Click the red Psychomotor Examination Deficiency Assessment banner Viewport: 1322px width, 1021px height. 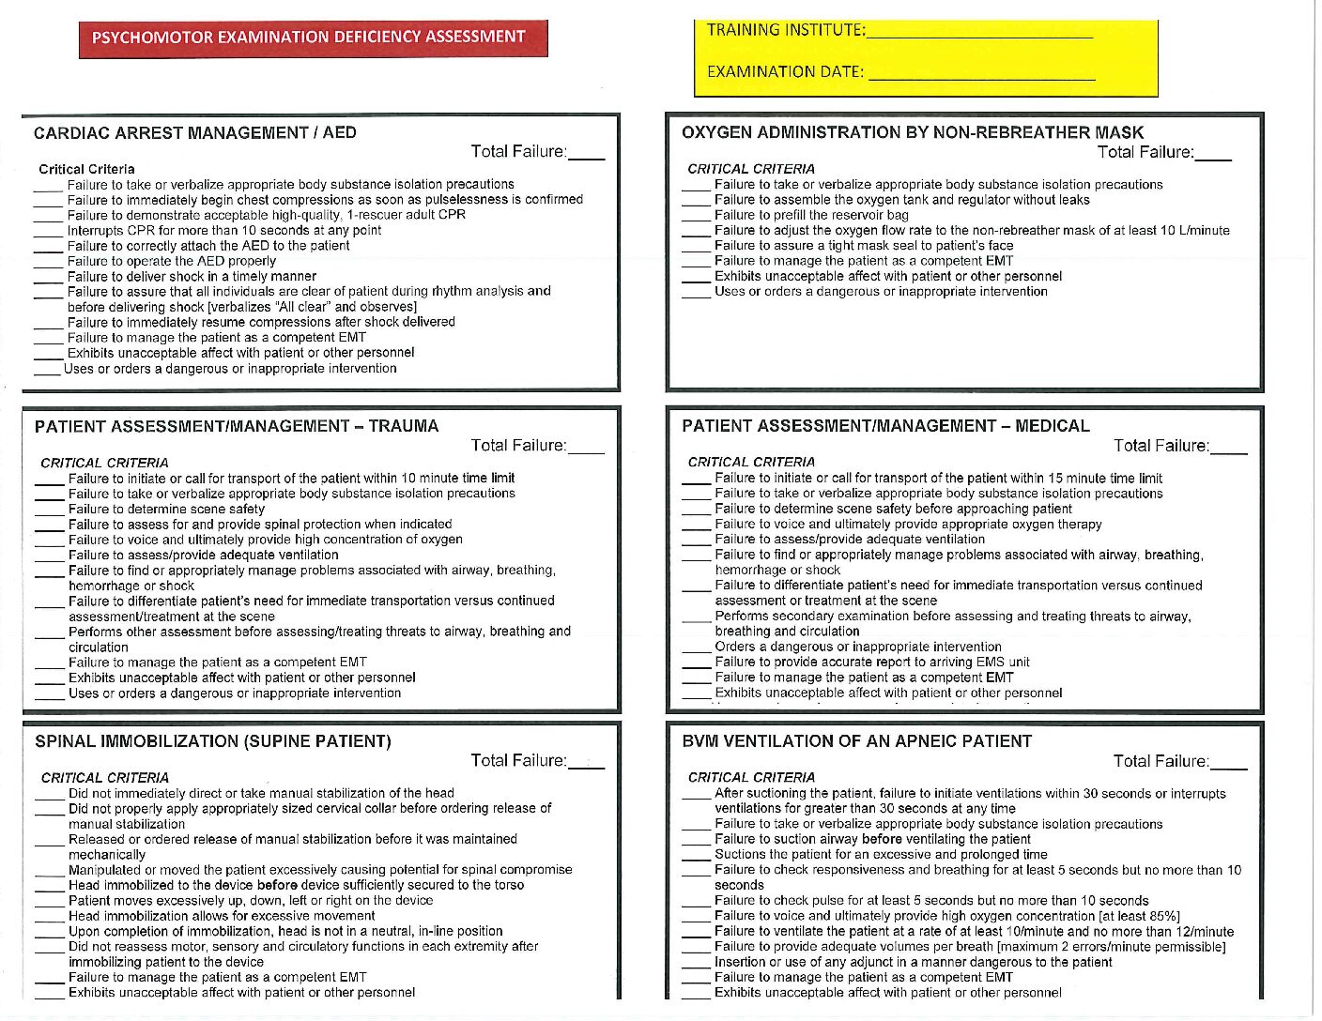313,38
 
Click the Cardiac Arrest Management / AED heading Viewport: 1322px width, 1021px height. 195,133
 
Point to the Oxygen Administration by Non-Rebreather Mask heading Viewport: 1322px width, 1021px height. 913,133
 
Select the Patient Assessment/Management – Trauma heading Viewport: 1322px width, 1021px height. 237,427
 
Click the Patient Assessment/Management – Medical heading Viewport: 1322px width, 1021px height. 885,427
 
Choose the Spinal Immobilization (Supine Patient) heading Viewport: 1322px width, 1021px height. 213,742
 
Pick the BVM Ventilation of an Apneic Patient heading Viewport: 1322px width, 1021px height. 856,742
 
